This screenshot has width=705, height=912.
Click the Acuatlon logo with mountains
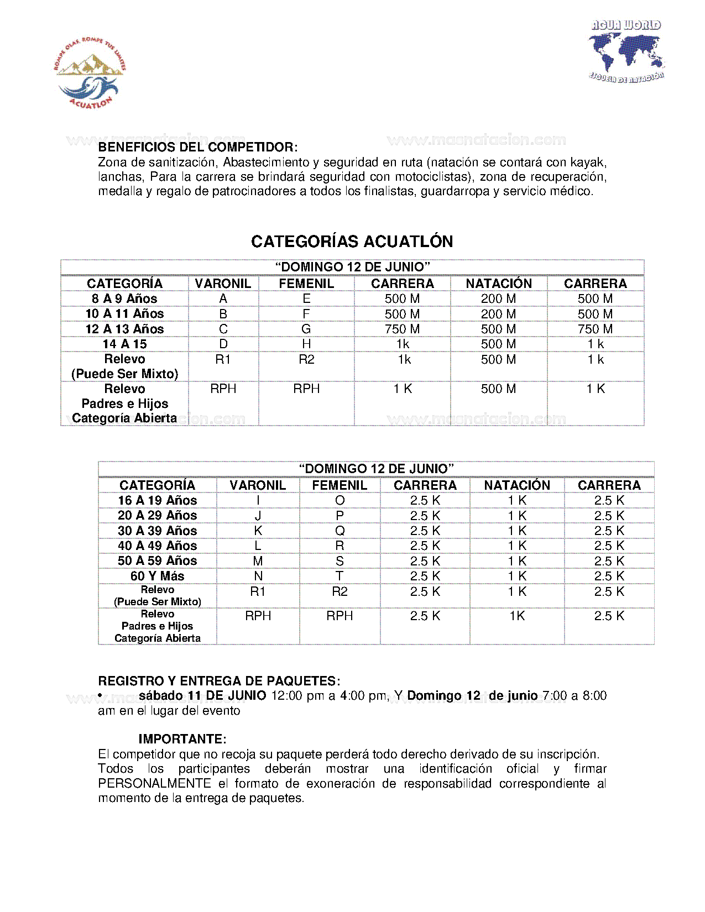pos(89,72)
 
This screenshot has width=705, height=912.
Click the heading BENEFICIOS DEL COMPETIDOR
pos(197,148)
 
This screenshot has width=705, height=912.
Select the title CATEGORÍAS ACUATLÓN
pos(352,242)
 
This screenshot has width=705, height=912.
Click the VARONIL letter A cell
pos(223,299)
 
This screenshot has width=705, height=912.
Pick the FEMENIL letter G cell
pos(306,329)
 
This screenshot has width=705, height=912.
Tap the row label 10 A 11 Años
pos(124,314)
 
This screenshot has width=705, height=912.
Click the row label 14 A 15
pos(124,344)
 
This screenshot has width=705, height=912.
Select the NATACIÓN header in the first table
pos(498,284)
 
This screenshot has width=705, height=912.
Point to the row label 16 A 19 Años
pos(157,501)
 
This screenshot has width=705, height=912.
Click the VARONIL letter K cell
pos(258,531)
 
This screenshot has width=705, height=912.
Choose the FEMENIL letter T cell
pos(340,576)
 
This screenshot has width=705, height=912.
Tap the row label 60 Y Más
pos(157,576)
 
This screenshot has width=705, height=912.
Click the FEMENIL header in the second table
pos(340,485)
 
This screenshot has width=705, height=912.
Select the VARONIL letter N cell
pos(258,576)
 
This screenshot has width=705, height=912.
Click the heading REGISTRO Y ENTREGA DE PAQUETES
pos(219,681)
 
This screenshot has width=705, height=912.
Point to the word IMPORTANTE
pos(182,740)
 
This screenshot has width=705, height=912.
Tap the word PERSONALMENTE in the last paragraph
pos(154,784)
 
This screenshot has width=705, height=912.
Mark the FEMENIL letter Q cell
pos(340,531)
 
